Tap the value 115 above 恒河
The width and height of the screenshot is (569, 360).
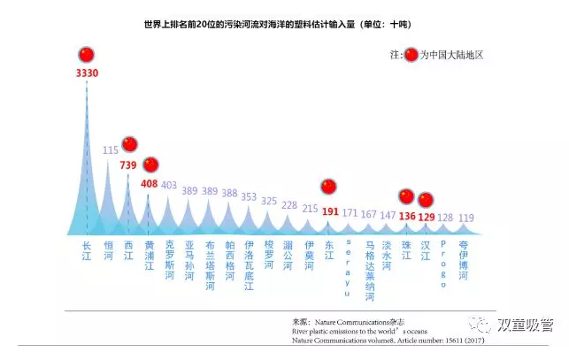tap(110, 150)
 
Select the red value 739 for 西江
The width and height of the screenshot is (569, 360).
tap(129, 165)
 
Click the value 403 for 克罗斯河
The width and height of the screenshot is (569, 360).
tap(169, 185)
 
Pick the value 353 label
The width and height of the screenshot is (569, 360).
tap(250, 197)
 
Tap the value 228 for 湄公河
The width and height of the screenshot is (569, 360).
tap(289, 205)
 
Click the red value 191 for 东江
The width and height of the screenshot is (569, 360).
tap(330, 211)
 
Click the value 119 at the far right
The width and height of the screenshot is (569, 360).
tap(466, 218)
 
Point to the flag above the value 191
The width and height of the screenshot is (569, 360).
tap(329, 187)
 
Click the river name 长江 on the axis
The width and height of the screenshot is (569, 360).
tap(87, 250)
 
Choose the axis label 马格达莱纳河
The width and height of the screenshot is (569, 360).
tap(370, 271)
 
